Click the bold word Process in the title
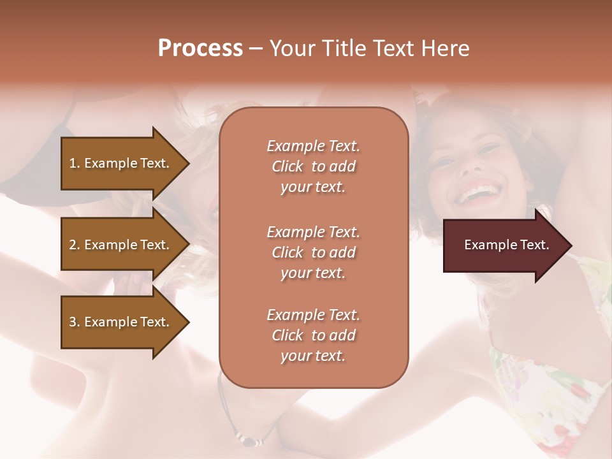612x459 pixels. coord(200,48)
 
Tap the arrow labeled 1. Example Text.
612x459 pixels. coord(121,163)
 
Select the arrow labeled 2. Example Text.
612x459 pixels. coord(121,245)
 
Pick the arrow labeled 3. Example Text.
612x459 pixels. coord(121,322)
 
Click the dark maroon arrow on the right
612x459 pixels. coord(504,245)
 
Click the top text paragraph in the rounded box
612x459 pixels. coord(313,166)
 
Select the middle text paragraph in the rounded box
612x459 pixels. coord(313,252)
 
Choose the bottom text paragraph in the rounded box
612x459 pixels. coord(313,335)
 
